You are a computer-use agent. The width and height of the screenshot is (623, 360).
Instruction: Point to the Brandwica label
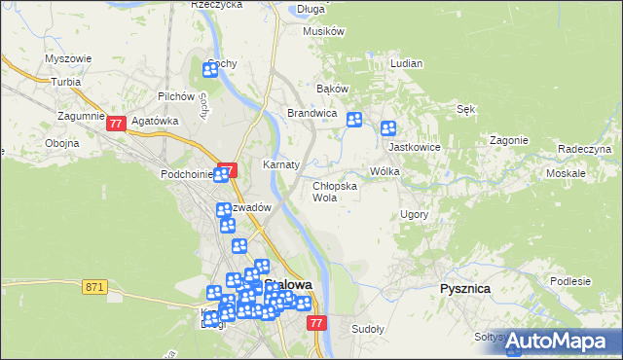pos(311,114)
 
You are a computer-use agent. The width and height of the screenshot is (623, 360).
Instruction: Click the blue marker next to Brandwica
pos(354,120)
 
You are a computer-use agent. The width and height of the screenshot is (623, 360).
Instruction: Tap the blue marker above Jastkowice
pos(388,127)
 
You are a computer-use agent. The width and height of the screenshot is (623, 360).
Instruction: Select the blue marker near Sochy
pos(210,69)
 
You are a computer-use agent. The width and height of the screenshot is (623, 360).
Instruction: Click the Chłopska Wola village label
pos(334,191)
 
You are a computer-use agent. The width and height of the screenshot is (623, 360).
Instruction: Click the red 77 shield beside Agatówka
pos(116,124)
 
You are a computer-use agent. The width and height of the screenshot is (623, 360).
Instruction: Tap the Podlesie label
pos(569,280)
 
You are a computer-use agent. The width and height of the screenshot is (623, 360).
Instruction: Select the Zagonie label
pos(508,140)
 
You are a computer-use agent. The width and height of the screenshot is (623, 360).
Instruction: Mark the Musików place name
pos(324,31)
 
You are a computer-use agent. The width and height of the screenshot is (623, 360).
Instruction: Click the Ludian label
pos(406,63)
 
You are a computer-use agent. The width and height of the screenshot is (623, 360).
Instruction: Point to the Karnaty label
pos(281,164)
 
